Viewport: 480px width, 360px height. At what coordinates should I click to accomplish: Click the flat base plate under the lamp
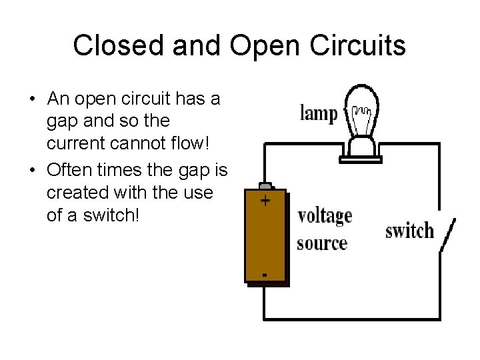pyautogui.click(x=364, y=159)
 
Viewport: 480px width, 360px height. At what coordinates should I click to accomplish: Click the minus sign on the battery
pyautogui.click(x=265, y=274)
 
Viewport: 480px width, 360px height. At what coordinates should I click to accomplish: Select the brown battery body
pyautogui.click(x=267, y=237)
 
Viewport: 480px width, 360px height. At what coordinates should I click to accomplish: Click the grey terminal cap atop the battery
pyautogui.click(x=265, y=185)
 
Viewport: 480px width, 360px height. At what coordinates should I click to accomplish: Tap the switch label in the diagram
pyautogui.click(x=409, y=231)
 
